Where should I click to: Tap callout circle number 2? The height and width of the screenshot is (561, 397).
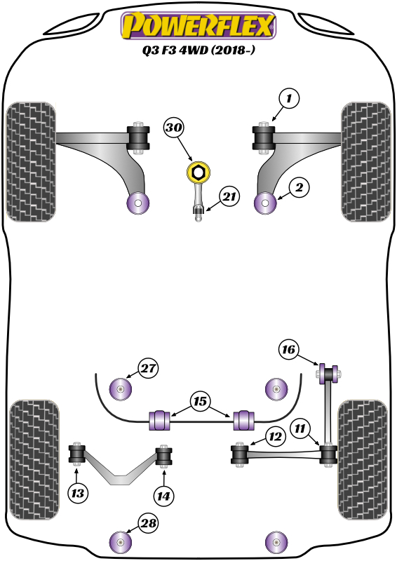click(x=299, y=187)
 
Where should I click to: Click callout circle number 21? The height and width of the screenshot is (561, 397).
click(x=228, y=198)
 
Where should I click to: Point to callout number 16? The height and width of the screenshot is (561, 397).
click(x=289, y=349)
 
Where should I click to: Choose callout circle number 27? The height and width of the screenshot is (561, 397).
click(x=148, y=369)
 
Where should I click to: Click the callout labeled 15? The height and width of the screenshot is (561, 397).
click(x=200, y=402)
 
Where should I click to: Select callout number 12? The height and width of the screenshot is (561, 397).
click(x=274, y=437)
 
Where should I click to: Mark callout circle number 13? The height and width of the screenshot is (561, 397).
click(x=79, y=494)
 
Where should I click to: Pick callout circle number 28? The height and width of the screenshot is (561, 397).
click(x=148, y=523)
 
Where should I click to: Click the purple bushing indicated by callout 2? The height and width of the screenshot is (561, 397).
click(x=266, y=203)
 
